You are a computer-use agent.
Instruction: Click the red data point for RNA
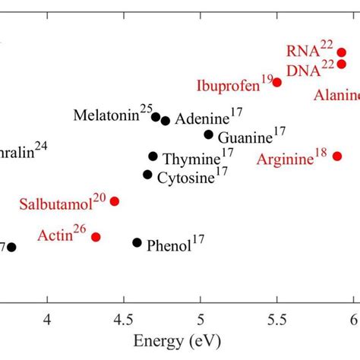(342, 52)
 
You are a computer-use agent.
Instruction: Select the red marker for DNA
(342, 65)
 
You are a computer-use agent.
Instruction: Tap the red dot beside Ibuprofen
(277, 82)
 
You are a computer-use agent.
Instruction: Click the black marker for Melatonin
(156, 117)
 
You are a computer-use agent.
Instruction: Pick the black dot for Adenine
(166, 120)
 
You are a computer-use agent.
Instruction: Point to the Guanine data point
(209, 134)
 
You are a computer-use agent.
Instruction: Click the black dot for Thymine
(153, 156)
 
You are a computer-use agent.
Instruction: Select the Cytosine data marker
(147, 175)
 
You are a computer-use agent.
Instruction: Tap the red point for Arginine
(337, 156)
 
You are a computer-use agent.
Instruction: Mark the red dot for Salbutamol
(115, 201)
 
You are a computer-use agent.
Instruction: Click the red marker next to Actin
(96, 237)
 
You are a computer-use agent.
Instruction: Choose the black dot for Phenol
(137, 242)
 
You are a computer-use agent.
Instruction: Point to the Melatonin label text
(106, 116)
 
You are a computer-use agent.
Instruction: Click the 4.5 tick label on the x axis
(124, 317)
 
